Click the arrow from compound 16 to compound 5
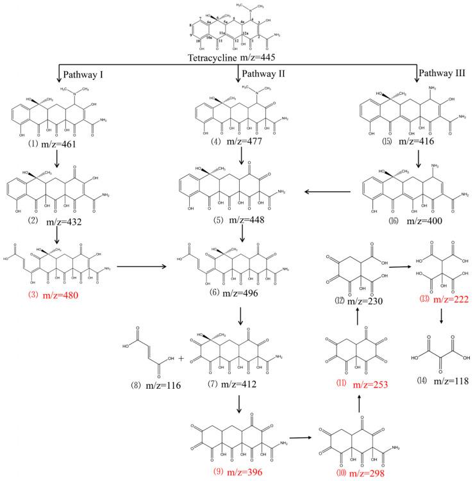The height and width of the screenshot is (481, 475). [329, 191]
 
